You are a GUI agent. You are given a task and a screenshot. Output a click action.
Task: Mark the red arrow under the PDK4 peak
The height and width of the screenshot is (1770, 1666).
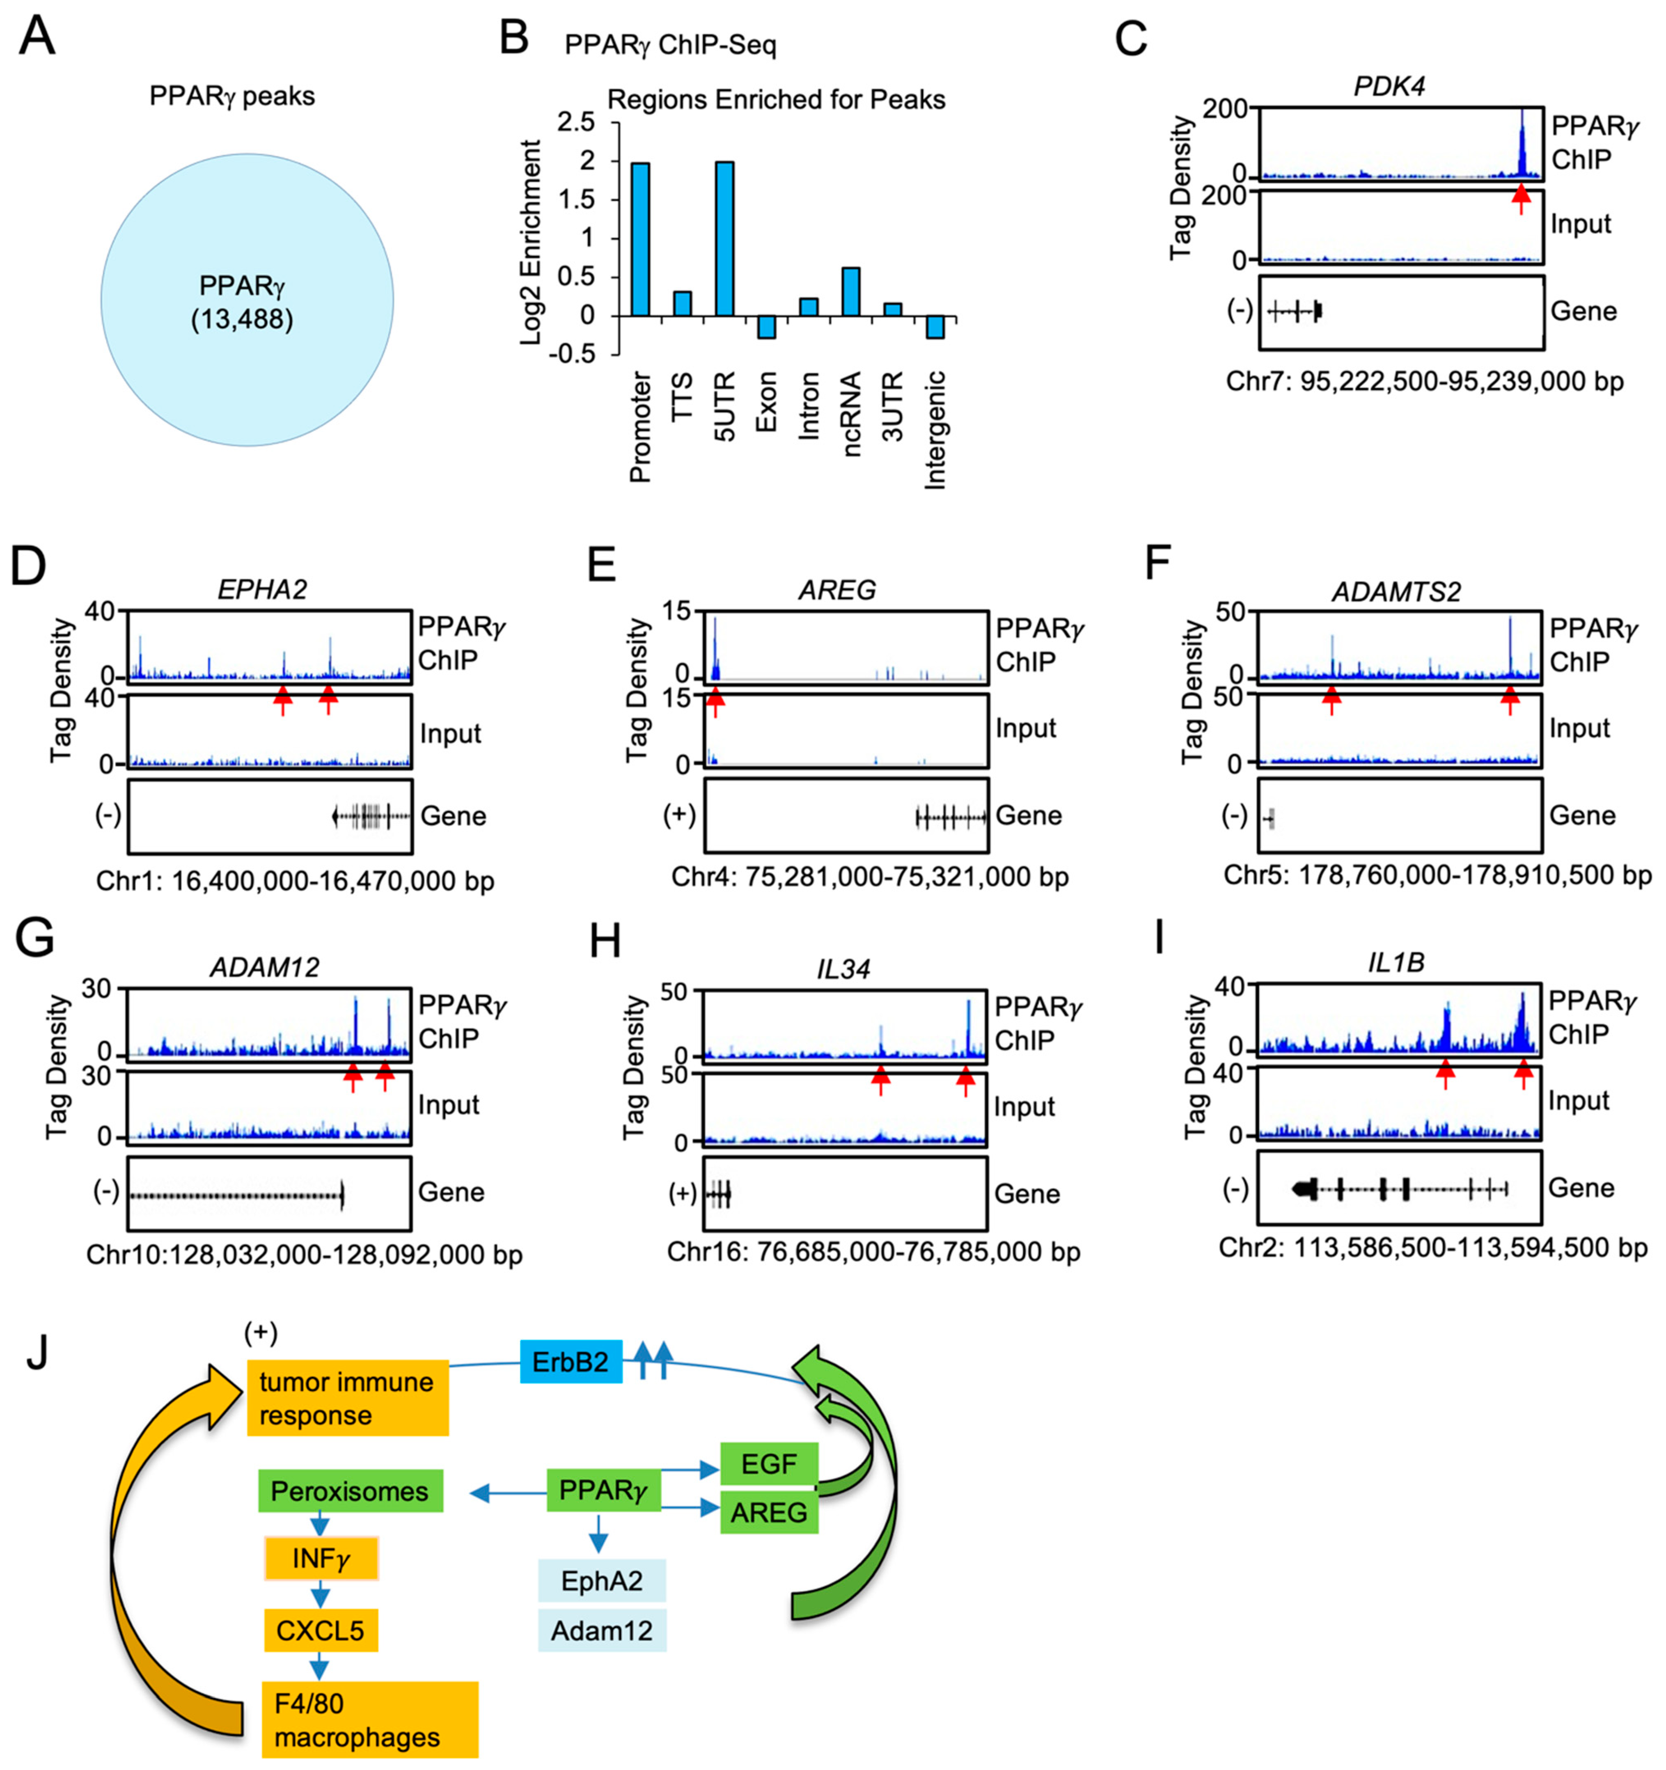tap(1521, 198)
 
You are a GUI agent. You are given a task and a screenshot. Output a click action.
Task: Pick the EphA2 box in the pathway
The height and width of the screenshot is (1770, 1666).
tap(602, 1580)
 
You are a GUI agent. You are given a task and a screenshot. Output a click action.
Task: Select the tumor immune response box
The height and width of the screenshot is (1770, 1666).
tap(347, 1398)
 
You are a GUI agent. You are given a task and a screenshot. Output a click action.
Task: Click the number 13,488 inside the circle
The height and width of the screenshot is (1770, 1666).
tap(242, 319)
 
